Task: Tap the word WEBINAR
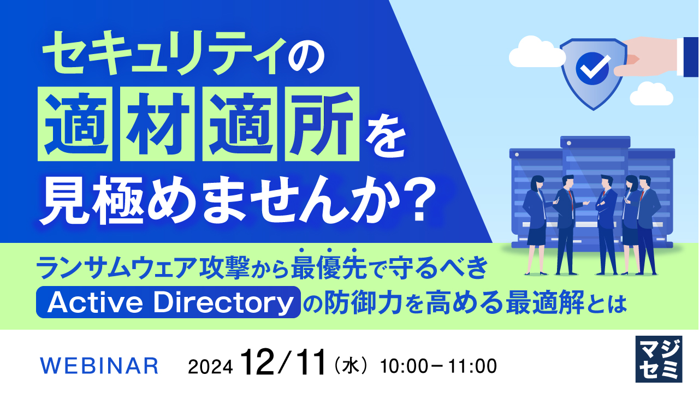pos(100,366)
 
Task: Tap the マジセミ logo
pos(659,359)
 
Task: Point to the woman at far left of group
pos(534,224)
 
